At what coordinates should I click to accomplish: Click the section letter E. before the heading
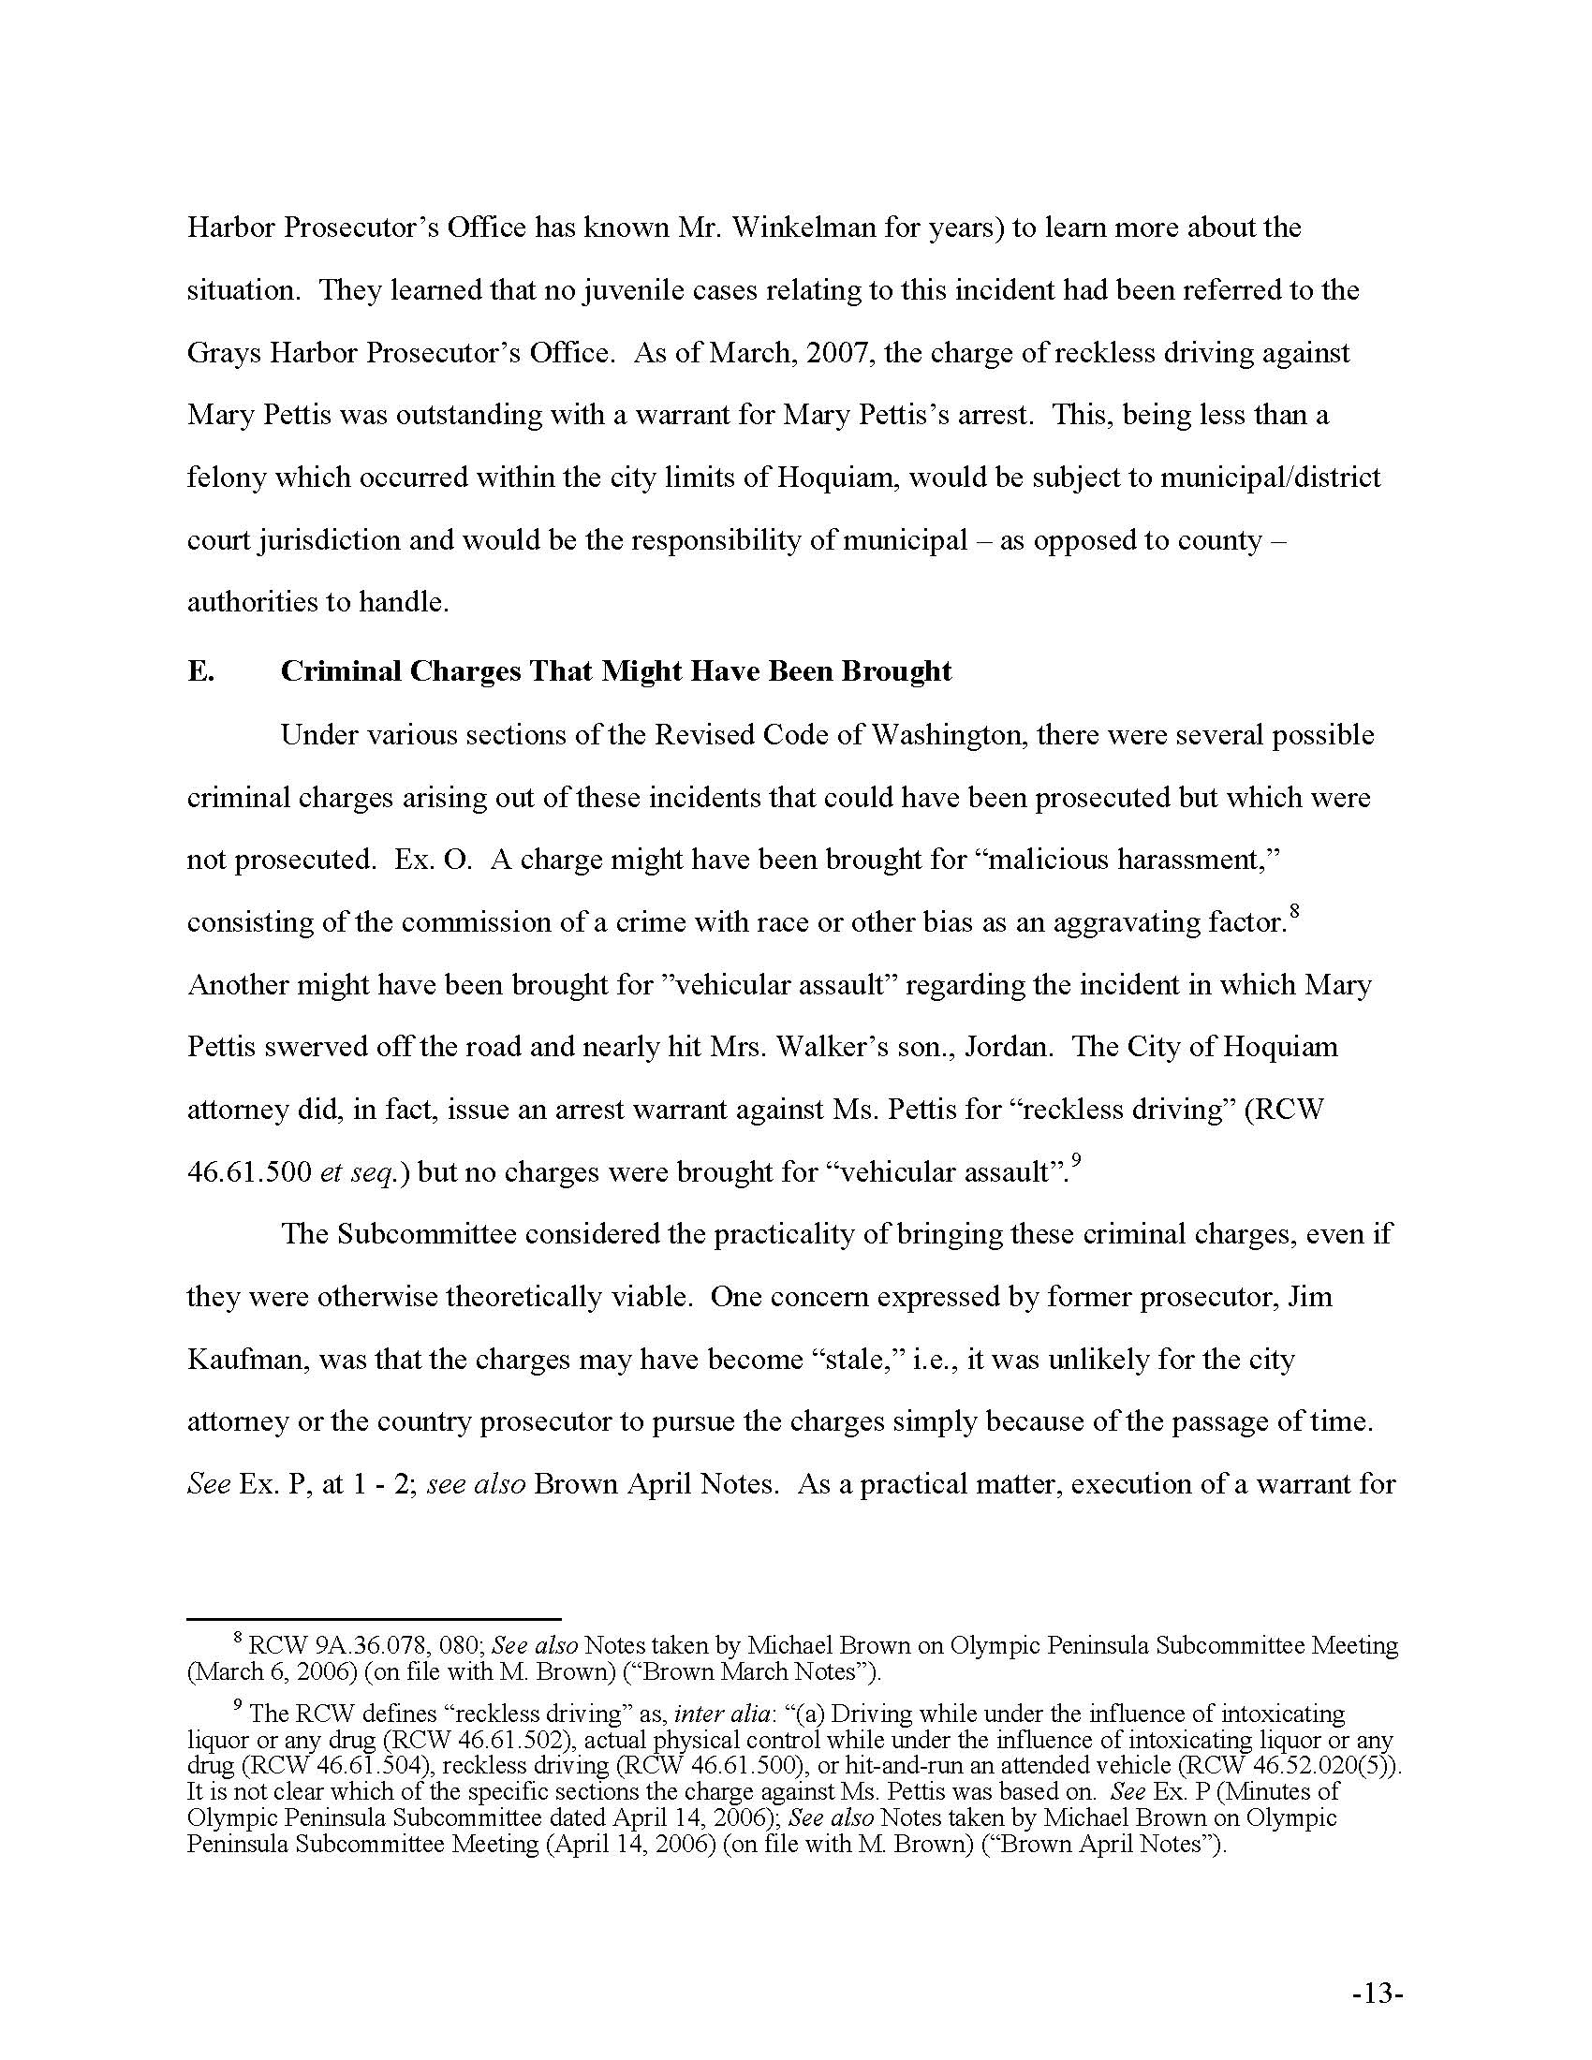[x=200, y=671]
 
